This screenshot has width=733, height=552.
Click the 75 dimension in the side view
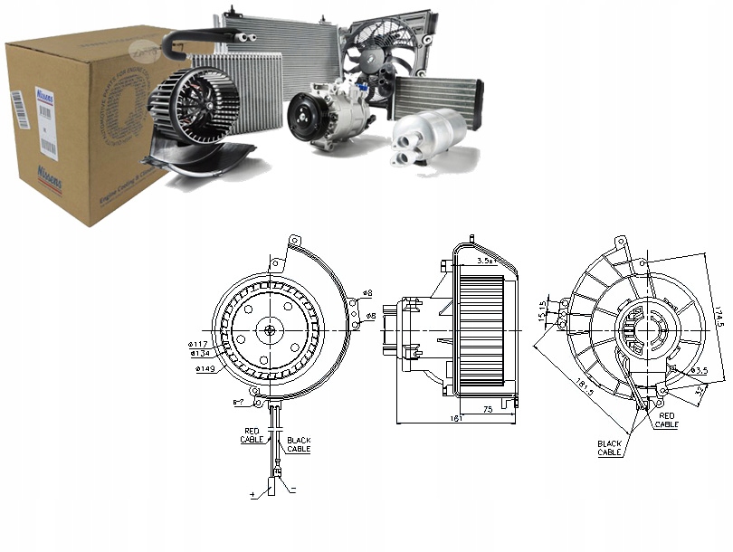tap(487, 409)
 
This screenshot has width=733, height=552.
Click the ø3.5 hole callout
tap(699, 371)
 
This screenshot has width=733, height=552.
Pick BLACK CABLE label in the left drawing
tap(299, 444)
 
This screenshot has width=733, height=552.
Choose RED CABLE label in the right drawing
tap(667, 420)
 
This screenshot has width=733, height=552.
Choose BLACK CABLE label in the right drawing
tap(609, 448)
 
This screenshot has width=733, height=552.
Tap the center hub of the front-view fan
tap(270, 331)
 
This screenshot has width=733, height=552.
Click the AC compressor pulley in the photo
tap(303, 119)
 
